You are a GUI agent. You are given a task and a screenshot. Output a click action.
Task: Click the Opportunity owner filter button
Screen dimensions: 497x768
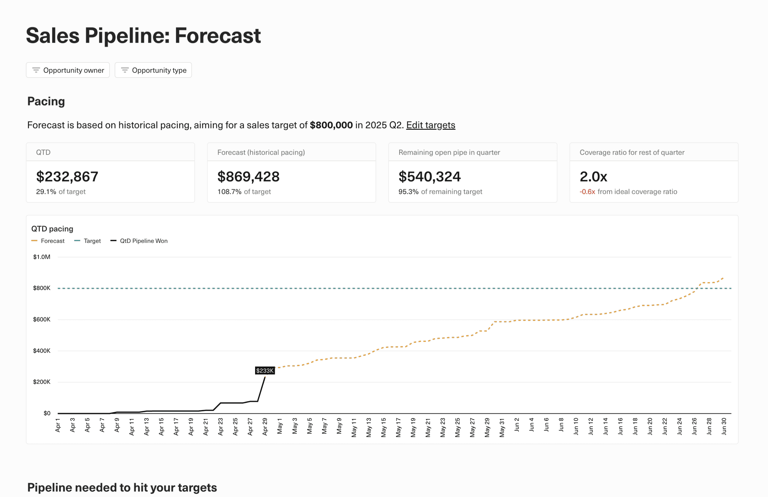point(68,70)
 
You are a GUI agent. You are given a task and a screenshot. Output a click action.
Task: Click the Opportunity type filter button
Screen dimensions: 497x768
point(153,70)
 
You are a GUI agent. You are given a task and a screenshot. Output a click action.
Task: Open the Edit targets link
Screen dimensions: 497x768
point(430,125)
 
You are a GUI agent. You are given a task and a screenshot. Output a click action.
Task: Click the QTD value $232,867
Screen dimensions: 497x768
point(67,177)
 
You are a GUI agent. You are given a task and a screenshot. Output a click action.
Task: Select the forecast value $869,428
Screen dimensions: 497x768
point(248,177)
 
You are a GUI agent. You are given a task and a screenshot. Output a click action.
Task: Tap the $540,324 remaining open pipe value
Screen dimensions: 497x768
point(429,177)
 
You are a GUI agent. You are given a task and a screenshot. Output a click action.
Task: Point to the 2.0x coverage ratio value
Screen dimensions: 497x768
point(593,177)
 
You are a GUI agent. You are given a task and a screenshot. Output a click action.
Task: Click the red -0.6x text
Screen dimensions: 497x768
point(587,192)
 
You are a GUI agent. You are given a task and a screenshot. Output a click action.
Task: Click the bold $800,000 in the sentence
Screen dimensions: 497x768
point(331,125)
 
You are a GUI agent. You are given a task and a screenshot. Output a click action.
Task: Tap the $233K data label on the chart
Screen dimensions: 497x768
point(264,371)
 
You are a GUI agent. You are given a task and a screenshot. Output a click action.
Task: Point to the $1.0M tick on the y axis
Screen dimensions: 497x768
point(42,257)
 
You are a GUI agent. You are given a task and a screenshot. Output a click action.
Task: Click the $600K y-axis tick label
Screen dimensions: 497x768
point(42,319)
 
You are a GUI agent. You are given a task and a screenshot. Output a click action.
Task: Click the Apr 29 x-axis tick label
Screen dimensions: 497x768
point(265,427)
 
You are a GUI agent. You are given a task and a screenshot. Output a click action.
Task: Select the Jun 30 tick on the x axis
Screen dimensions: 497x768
point(724,426)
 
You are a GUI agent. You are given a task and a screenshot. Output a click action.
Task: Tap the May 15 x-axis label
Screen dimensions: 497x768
point(383,427)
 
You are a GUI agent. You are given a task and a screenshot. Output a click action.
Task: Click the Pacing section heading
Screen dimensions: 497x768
point(46,101)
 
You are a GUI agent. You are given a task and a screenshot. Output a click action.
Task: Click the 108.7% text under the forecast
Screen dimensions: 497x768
point(229,192)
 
